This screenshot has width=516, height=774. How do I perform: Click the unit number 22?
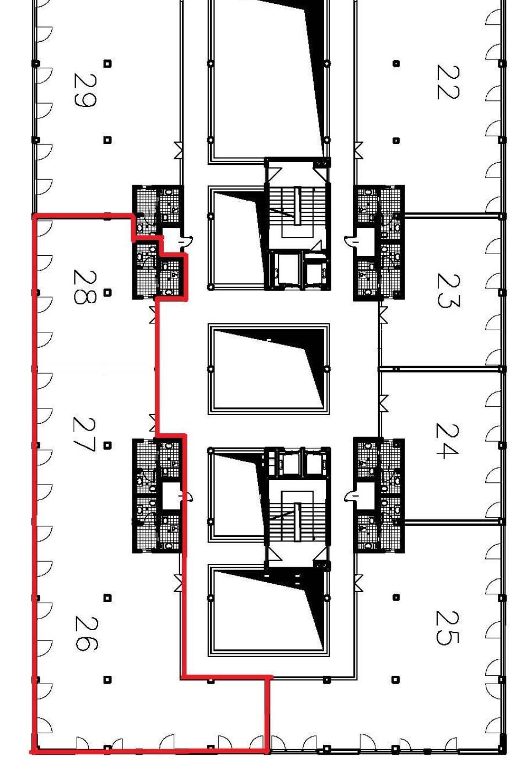tap(448, 82)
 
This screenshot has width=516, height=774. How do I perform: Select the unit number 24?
tap(448, 440)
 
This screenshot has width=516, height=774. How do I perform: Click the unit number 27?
tap(84, 434)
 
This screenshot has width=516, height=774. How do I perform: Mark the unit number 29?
tap(85, 89)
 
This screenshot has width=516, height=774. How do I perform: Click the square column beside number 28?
tap(108, 292)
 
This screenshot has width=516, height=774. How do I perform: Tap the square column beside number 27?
tap(108, 445)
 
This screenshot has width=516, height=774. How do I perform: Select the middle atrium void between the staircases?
tap(268, 369)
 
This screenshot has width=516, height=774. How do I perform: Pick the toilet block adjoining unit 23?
tap(379, 243)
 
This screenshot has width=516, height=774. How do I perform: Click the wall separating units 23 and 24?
tap(440, 369)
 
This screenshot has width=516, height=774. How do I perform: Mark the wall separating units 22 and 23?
tap(453, 216)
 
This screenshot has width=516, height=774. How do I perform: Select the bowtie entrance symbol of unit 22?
tap(358, 149)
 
